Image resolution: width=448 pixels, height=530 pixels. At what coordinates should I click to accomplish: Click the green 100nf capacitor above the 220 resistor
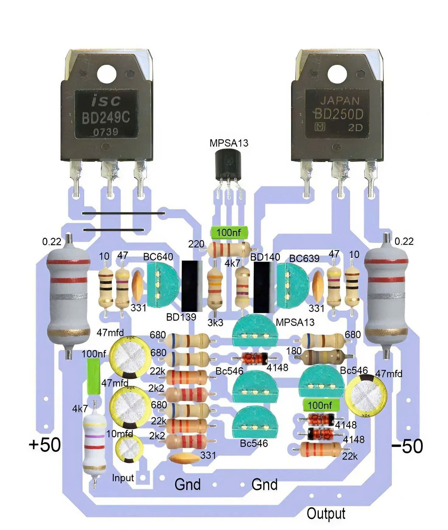(x=229, y=233)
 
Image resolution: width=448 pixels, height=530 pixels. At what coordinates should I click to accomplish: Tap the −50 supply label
(x=407, y=446)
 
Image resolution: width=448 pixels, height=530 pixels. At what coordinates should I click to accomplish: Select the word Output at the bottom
(x=326, y=514)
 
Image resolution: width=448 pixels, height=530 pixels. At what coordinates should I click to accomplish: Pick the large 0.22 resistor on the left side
(x=68, y=295)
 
